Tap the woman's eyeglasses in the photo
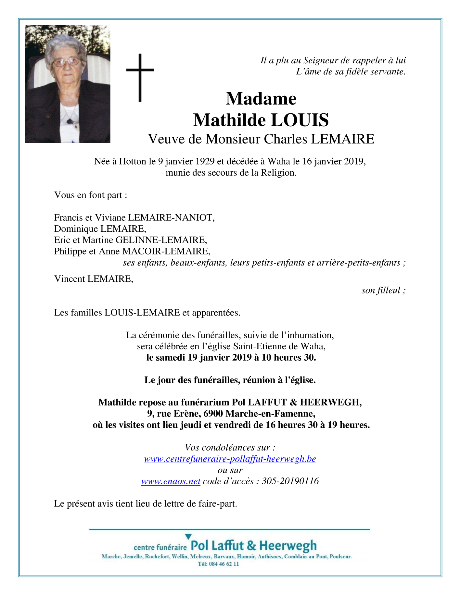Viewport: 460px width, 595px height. [67, 62]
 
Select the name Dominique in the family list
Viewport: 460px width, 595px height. [76, 229]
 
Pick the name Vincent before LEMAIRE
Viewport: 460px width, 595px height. [70, 279]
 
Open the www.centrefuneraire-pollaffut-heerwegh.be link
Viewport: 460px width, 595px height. [230, 459]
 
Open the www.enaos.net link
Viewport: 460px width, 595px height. [171, 481]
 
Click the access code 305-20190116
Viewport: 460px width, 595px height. [290, 481]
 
